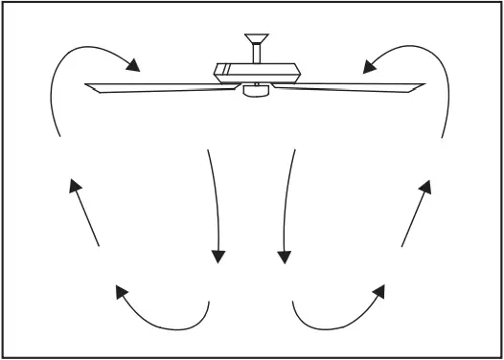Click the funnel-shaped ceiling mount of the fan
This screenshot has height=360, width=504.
click(x=254, y=41)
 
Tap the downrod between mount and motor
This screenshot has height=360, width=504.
click(x=254, y=56)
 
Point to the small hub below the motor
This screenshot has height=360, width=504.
click(x=254, y=91)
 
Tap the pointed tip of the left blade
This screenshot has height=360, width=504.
click(x=86, y=86)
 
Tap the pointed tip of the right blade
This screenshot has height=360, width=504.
click(x=423, y=85)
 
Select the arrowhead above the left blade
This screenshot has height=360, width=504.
click(x=134, y=66)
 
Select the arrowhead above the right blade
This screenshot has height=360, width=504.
click(x=369, y=65)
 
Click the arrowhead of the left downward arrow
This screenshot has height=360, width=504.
click(x=218, y=256)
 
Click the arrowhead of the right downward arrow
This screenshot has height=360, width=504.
click(x=284, y=256)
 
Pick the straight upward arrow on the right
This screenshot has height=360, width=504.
click(x=415, y=213)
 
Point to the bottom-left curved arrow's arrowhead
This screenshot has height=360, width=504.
click(x=121, y=291)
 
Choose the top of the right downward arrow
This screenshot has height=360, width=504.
click(x=295, y=150)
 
